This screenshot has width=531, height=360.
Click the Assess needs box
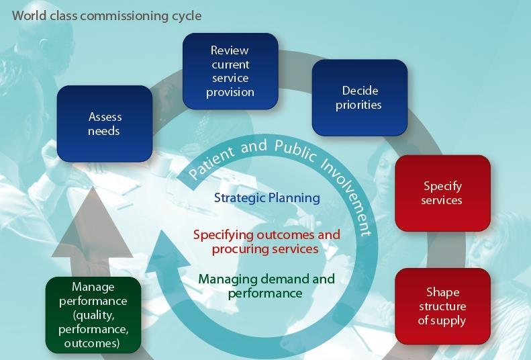104,124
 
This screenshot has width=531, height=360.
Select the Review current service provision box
230,71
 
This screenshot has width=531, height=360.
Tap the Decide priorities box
359,97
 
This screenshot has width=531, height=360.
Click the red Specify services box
442,193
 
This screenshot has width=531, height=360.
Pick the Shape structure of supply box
442,306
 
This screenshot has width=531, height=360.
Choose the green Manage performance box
93,315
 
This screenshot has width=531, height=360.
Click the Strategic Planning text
267,198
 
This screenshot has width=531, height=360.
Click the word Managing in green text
226,279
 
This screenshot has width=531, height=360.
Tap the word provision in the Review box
230,92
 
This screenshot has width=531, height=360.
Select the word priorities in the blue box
359,105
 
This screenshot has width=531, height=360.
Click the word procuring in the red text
238,249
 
